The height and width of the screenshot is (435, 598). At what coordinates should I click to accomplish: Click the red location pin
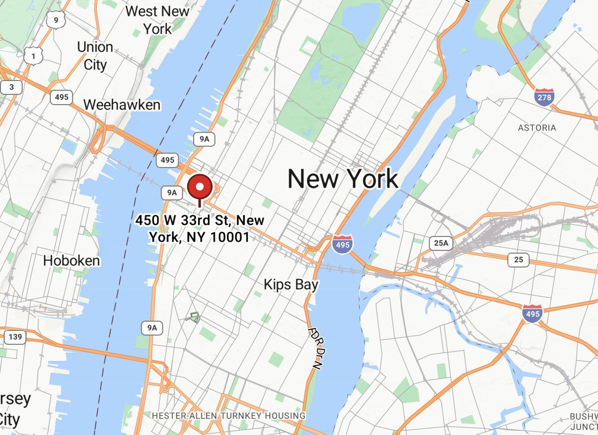click(200, 188)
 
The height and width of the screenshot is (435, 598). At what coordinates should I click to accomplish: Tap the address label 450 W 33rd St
click(199, 228)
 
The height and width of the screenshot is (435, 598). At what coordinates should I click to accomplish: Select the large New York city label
click(343, 179)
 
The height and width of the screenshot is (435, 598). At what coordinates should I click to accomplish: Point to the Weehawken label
click(122, 105)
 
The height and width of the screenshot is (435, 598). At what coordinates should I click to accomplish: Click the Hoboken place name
click(71, 260)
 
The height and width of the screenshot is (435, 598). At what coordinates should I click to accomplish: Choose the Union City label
click(95, 56)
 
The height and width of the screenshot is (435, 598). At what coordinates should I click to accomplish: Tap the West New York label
click(157, 19)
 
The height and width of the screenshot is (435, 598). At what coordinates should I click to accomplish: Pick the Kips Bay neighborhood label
click(291, 285)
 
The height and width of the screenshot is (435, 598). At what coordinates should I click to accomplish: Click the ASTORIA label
click(537, 128)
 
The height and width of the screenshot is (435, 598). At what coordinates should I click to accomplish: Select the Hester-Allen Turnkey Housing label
click(229, 416)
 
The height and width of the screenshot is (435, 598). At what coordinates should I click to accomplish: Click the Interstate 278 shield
click(544, 97)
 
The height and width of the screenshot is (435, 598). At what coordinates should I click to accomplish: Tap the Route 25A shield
click(441, 243)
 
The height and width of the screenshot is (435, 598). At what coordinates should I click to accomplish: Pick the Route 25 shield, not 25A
click(518, 259)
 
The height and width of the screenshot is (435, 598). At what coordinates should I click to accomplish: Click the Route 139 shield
click(15, 337)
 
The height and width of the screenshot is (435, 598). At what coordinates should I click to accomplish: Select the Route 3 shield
click(11, 88)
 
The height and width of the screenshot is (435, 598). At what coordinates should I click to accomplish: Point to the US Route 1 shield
click(33, 57)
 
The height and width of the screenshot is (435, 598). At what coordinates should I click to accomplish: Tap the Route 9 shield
click(55, 20)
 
